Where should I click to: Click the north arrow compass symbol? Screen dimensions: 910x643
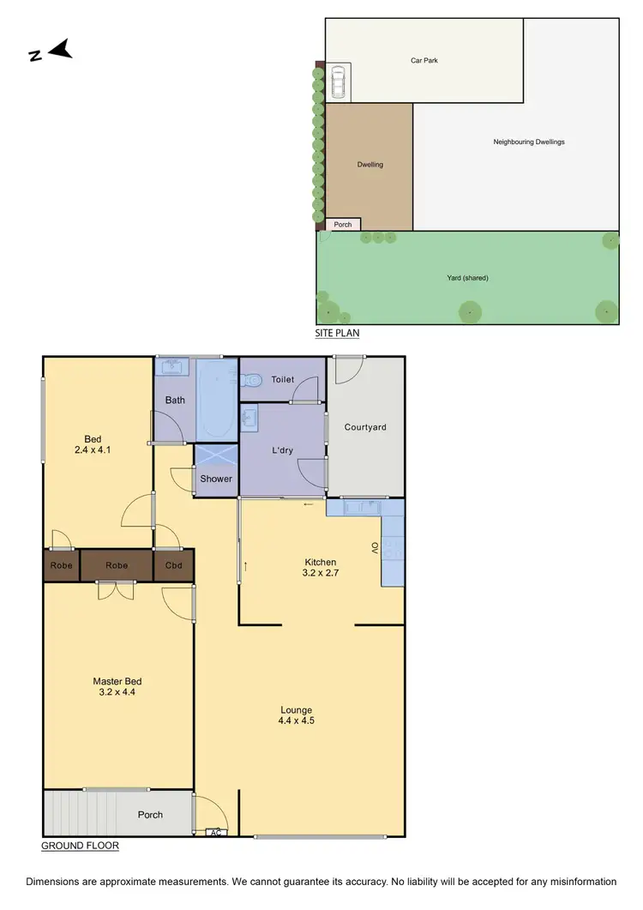51,51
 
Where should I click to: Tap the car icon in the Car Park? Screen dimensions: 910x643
338,82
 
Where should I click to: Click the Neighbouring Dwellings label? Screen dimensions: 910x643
528,142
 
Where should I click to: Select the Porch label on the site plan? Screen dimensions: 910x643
343,225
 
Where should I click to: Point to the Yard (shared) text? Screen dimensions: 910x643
466,277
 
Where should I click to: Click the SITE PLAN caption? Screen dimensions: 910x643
337,333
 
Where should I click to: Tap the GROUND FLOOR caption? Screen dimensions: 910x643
80,846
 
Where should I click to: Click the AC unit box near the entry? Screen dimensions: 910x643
216,832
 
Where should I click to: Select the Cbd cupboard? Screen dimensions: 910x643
173,566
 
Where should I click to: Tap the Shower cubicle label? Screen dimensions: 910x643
216,479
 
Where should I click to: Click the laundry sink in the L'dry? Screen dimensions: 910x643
249,419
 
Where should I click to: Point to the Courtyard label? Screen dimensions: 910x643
365,427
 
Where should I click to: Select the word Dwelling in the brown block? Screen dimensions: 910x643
370,165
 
